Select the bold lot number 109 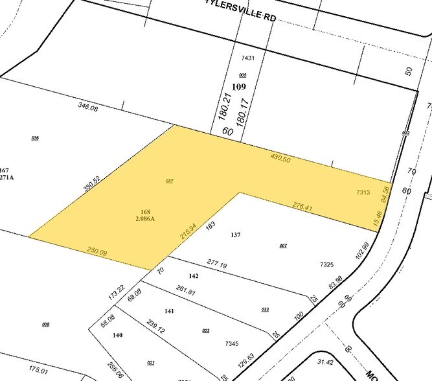click(x=238, y=87)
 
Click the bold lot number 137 click(x=235, y=235)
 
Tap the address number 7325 click(x=326, y=264)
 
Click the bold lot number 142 click(x=193, y=276)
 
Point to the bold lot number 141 click(x=169, y=311)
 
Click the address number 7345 click(x=233, y=343)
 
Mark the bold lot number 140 click(x=117, y=335)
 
